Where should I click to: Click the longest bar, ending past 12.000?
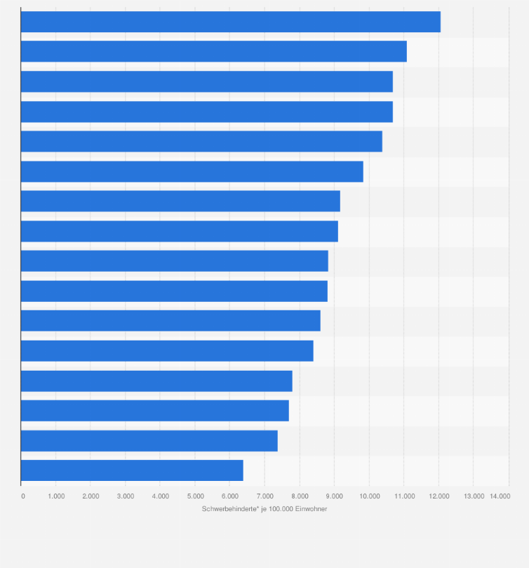(230, 22)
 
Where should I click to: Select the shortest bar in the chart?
(132, 470)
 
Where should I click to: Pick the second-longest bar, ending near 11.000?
(213, 51)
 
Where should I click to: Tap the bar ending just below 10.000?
(192, 171)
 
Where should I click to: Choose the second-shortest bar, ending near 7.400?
(149, 441)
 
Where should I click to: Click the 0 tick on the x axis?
(23, 496)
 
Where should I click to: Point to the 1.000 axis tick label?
(56, 496)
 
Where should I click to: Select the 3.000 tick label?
(126, 496)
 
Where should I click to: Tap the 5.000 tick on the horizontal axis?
(195, 496)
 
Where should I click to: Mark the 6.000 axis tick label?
(229, 496)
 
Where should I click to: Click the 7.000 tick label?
(264, 496)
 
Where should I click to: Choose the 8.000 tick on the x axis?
(300, 496)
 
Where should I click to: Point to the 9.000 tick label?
(334, 496)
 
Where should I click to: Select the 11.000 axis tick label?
(404, 496)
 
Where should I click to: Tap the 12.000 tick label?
(438, 496)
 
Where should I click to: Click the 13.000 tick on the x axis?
(474, 496)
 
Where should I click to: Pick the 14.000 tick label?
(500, 496)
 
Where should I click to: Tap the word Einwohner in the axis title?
(312, 509)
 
